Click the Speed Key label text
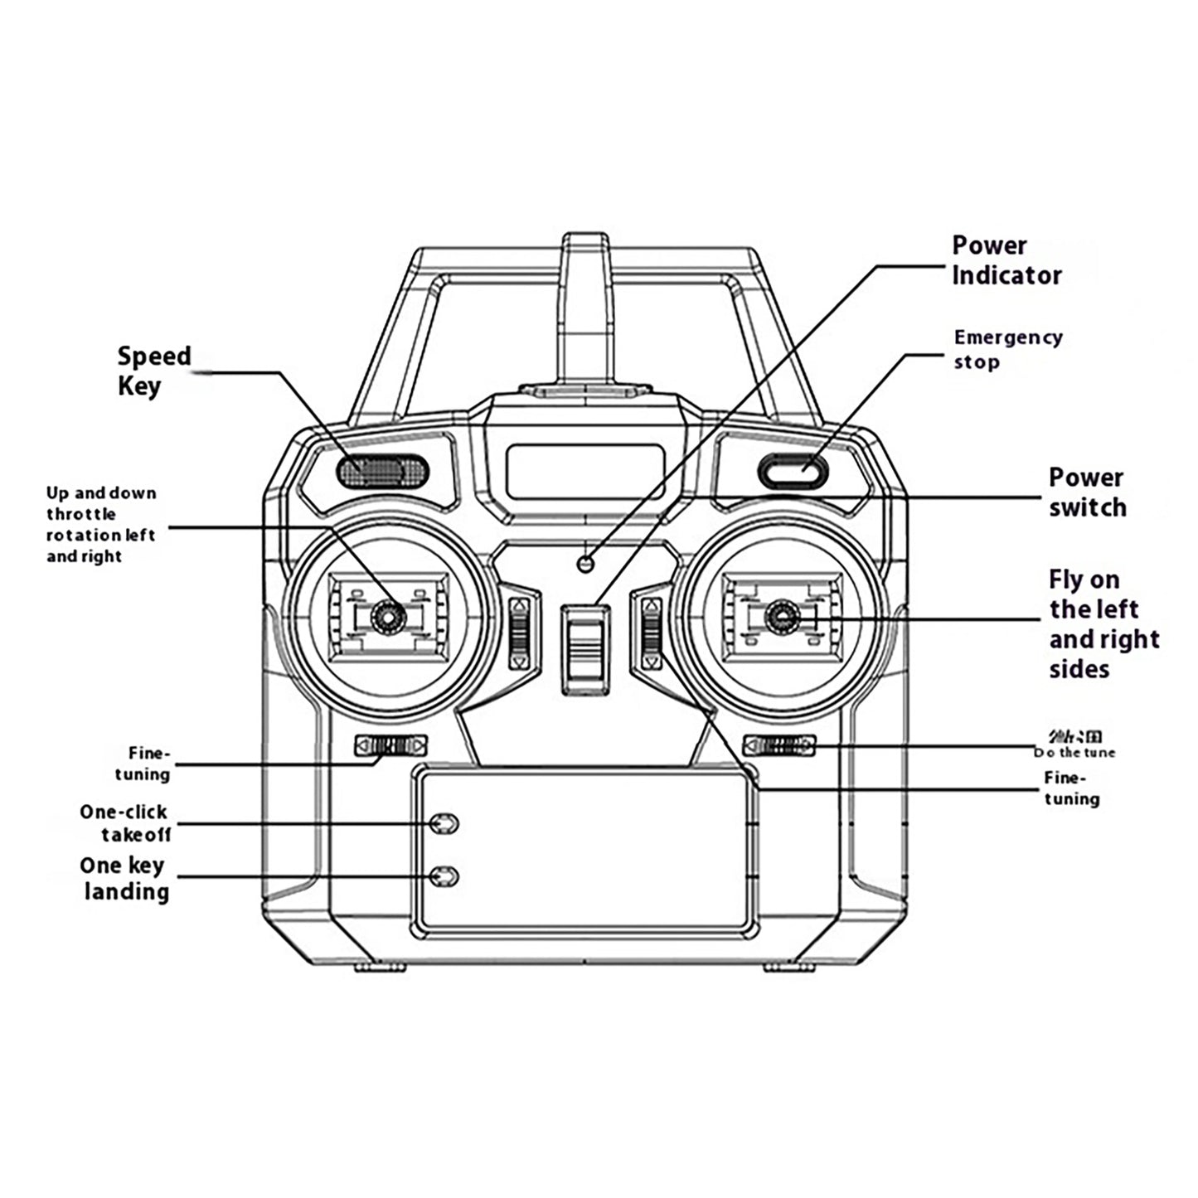pyautogui.click(x=153, y=371)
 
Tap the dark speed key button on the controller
pyautogui.click(x=383, y=470)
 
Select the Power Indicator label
pyautogui.click(x=1006, y=260)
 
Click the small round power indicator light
pyautogui.click(x=586, y=564)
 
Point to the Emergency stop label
pyautogui.click(x=1006, y=349)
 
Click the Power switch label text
pyautogui.click(x=1087, y=492)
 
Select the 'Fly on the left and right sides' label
pyautogui.click(x=1103, y=624)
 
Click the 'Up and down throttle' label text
pyautogui.click(x=100, y=524)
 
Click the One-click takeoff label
pyautogui.click(x=124, y=822)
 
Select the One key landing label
pyautogui.click(x=124, y=879)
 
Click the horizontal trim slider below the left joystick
pyautogui.click(x=390, y=745)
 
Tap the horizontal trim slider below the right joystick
pyautogui.click(x=778, y=745)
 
